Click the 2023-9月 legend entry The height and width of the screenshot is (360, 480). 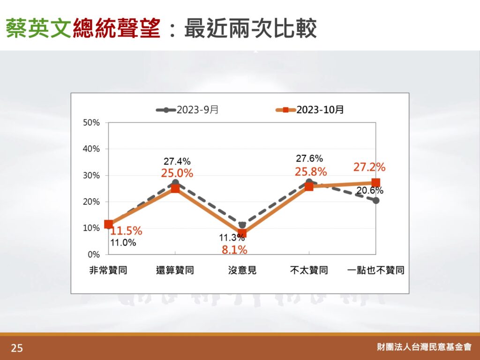[x=187, y=110]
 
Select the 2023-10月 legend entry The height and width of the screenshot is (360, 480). [x=309, y=110]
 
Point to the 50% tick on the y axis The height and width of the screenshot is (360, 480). [x=91, y=123]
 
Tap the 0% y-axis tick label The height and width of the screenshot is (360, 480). [x=94, y=255]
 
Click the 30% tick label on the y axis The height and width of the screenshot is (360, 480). [x=91, y=175]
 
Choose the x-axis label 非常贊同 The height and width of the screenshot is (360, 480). [x=108, y=270]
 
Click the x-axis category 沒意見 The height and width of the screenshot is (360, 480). [x=242, y=270]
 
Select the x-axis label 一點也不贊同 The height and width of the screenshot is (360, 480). [x=376, y=270]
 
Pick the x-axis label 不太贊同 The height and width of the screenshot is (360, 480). [x=309, y=270]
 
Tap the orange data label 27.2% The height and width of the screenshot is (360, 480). [x=369, y=167]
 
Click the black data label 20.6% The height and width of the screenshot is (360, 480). [x=370, y=190]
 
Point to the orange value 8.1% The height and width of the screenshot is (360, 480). [x=234, y=250]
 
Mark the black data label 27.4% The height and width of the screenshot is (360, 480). [x=177, y=161]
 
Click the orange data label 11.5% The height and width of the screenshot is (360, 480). [x=126, y=231]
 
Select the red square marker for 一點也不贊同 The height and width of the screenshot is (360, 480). [x=376, y=183]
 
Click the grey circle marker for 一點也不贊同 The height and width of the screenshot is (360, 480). [x=376, y=201]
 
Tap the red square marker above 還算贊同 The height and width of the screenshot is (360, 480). [x=175, y=188]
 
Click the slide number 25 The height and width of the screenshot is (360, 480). [x=17, y=348]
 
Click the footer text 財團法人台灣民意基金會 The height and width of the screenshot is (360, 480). [x=424, y=347]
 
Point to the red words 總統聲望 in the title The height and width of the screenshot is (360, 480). [x=117, y=28]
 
